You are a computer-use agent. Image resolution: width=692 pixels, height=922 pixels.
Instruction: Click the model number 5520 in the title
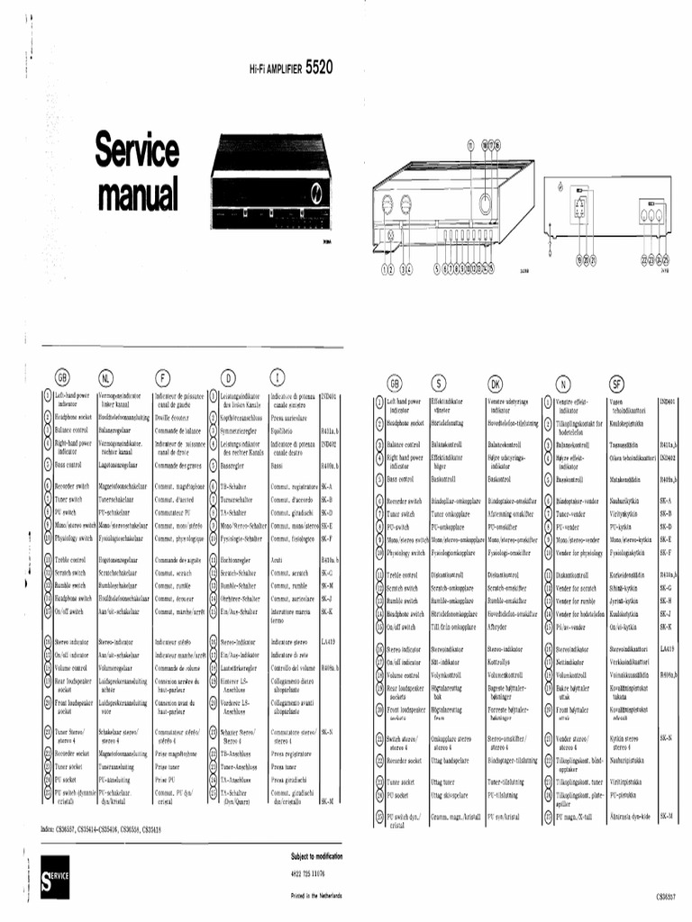(321, 67)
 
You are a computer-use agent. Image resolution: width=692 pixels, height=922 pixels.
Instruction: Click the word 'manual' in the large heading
(137, 194)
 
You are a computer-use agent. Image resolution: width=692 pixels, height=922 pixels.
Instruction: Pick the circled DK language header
(495, 383)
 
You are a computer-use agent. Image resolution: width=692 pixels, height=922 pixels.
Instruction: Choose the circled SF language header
(617, 383)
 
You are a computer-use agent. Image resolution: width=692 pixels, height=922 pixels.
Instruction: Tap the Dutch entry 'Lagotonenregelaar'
(122, 465)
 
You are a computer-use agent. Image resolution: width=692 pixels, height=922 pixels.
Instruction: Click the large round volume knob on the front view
(484, 203)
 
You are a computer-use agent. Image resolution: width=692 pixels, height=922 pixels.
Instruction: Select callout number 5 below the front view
(437, 267)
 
